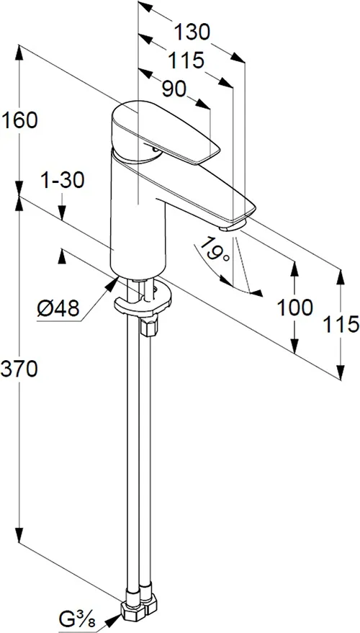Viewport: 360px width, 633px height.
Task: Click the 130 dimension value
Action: [x=192, y=32]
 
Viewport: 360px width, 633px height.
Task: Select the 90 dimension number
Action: [x=174, y=89]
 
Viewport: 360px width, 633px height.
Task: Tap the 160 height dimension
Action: [x=19, y=120]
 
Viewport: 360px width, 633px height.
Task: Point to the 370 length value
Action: [x=19, y=369]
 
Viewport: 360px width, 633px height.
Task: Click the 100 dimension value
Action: [x=294, y=307]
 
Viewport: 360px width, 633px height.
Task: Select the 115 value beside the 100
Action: [x=341, y=324]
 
